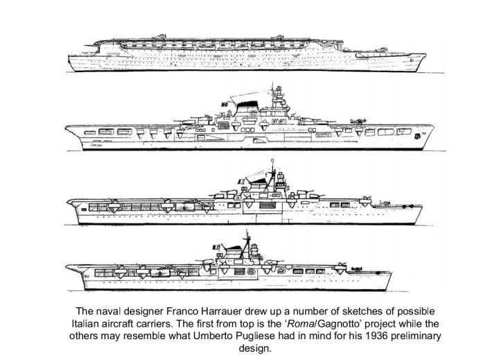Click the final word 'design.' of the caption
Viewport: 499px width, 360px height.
[x=255, y=349]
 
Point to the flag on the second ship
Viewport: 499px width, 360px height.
[x=225, y=104]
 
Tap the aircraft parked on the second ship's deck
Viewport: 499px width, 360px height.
[x=358, y=121]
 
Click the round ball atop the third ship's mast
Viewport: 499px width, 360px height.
[x=272, y=160]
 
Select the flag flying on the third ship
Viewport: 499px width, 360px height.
[x=241, y=182]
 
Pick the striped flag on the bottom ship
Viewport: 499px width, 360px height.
[x=216, y=247]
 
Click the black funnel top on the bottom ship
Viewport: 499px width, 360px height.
[x=235, y=247]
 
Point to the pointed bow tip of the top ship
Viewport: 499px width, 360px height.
[x=425, y=55]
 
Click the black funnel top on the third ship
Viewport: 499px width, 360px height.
[x=259, y=180]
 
